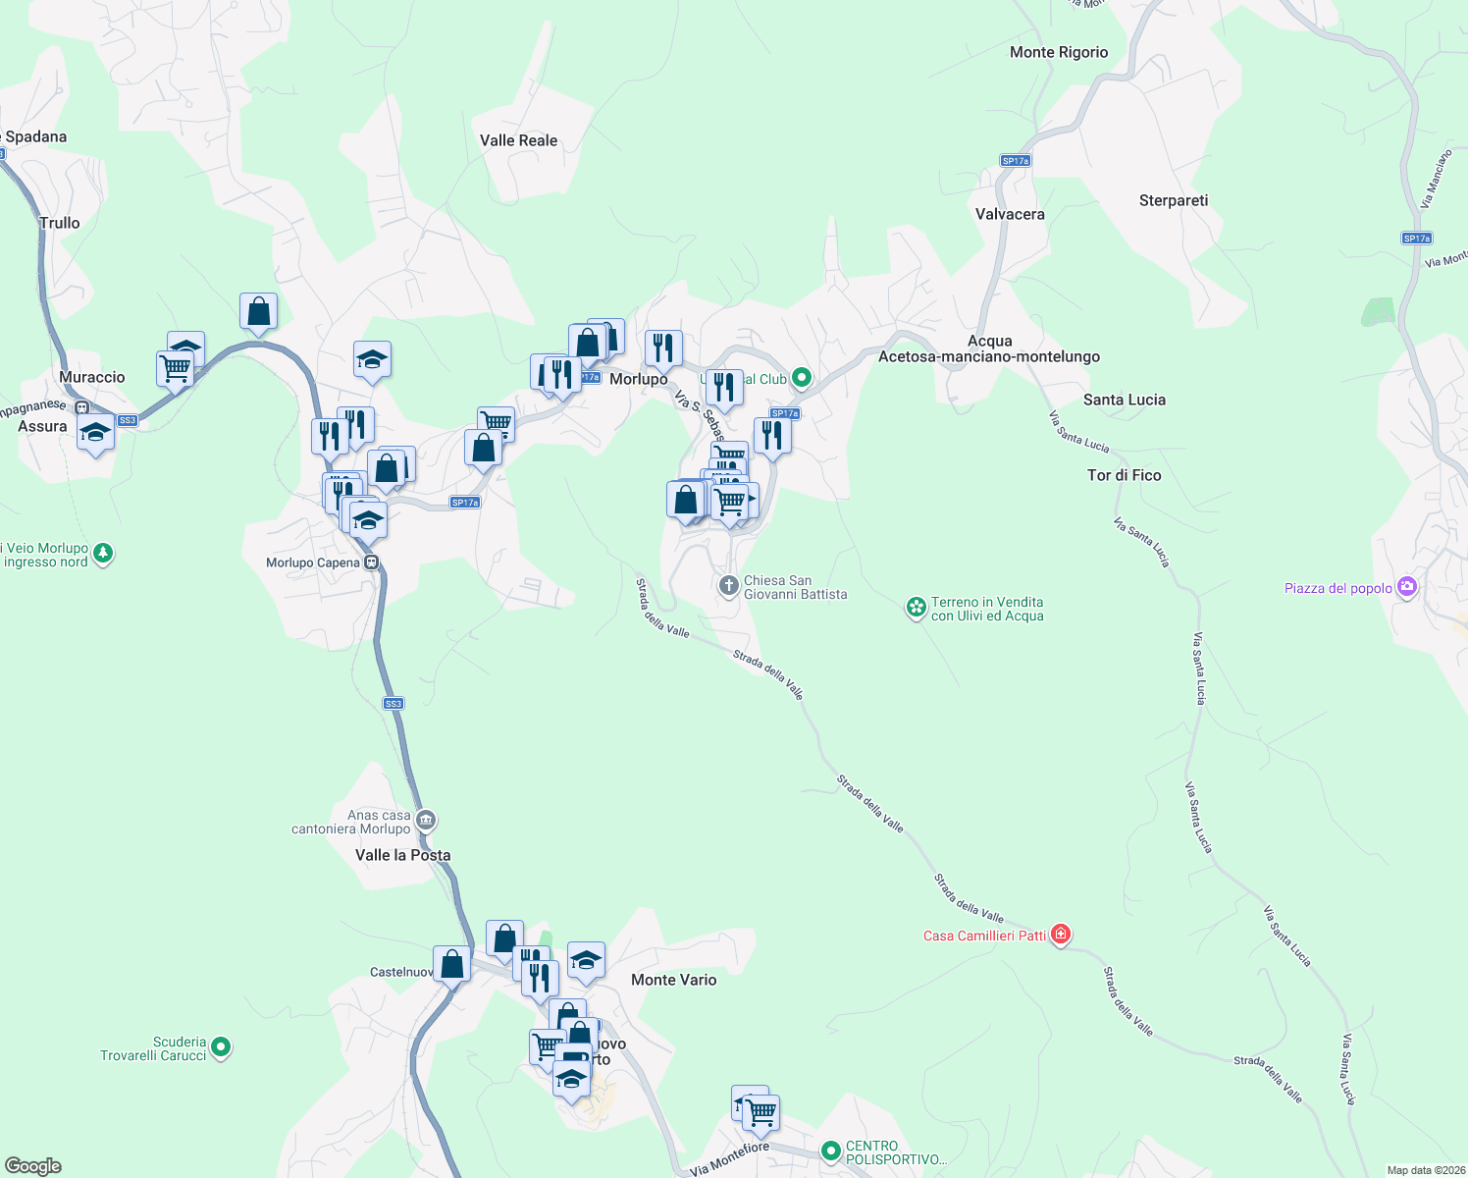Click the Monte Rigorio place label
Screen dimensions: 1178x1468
pos(1059,52)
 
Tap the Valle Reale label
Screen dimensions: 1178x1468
pos(518,140)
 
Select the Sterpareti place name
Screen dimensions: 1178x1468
pos(1173,200)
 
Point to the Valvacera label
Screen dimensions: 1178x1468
pos(1010,214)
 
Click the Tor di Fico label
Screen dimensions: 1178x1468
pos(1124,475)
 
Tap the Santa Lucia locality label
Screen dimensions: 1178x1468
pos(1124,400)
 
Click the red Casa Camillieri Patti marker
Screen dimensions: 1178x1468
pos(1060,934)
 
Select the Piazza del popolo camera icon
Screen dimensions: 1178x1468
pos(1407,587)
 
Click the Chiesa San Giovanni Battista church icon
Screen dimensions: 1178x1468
pos(728,586)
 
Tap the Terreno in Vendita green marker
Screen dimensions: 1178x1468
pos(916,608)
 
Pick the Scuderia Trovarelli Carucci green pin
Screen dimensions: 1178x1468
pos(221,1047)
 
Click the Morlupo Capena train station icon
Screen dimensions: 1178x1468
pos(371,562)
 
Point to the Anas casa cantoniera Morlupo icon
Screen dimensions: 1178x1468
pos(425,820)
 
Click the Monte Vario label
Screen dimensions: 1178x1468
pos(673,980)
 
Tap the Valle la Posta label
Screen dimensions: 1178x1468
pos(402,855)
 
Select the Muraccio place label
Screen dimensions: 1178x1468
pos(92,377)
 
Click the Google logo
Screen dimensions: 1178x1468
pos(33,1166)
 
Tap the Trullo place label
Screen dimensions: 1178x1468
pos(60,223)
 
